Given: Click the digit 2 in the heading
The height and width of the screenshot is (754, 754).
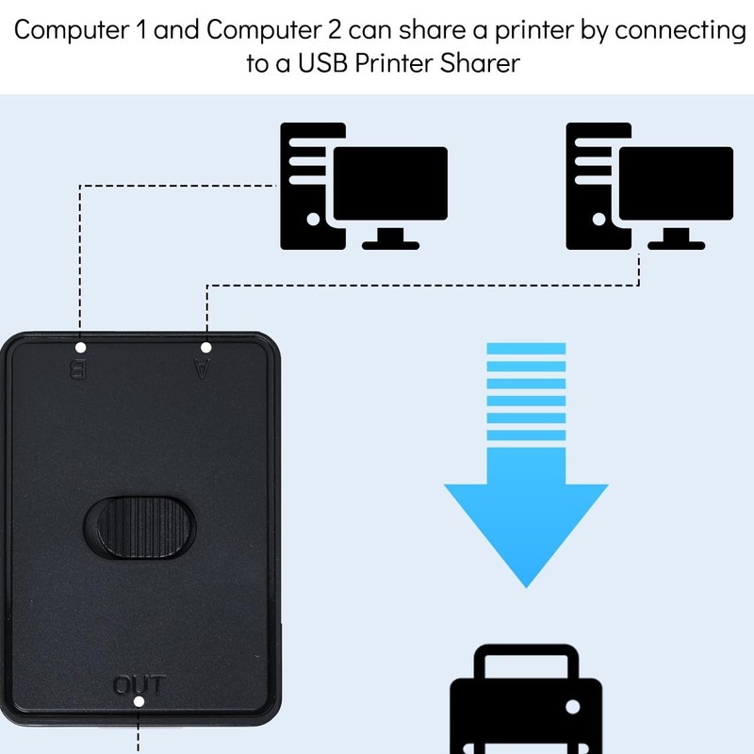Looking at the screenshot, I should (335, 31).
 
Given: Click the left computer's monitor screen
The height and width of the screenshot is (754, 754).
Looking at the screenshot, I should (392, 183).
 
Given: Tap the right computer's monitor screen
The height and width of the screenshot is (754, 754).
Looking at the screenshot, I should (678, 183).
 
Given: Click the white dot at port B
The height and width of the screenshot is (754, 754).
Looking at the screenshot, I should (80, 348).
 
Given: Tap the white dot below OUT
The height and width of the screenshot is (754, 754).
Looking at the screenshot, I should (139, 701).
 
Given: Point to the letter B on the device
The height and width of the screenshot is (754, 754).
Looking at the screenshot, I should (79, 369).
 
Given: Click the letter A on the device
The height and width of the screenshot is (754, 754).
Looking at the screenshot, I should (201, 369).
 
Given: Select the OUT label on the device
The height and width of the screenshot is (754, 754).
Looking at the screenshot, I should (139, 684).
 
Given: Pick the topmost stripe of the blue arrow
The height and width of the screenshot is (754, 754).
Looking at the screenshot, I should (525, 349).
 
